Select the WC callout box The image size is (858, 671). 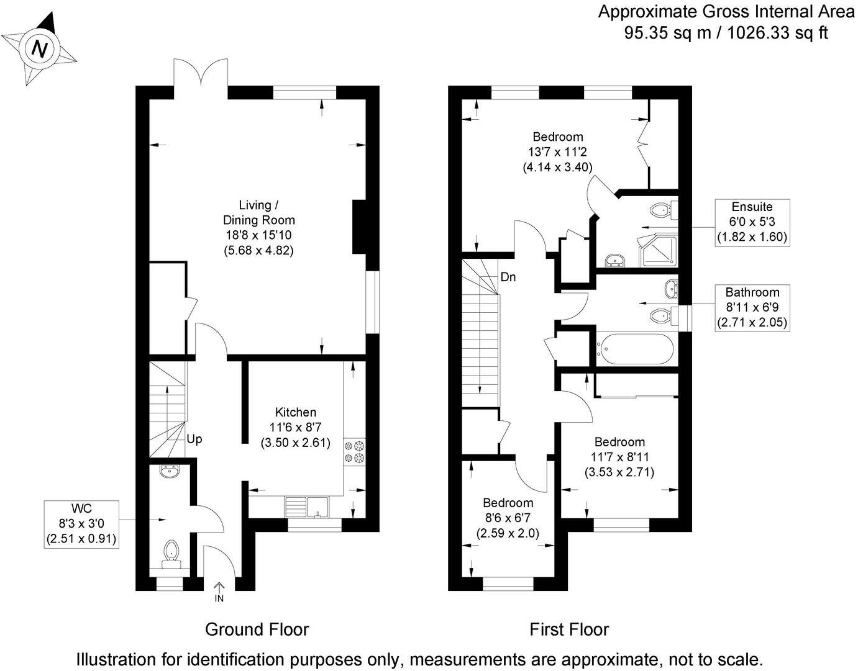tap(81, 524)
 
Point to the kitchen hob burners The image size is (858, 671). tap(354, 451)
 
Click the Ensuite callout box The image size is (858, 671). tap(752, 222)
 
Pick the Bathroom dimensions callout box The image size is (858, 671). tap(752, 307)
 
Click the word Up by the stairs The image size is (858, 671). tap(194, 439)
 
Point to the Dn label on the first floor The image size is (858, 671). tap(508, 277)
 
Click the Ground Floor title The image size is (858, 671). tap(257, 629)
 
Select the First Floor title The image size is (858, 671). tap(568, 629)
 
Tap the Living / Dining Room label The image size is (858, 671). tap(258, 228)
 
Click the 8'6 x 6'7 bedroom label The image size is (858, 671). tap(508, 518)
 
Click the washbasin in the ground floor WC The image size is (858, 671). tap(168, 472)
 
